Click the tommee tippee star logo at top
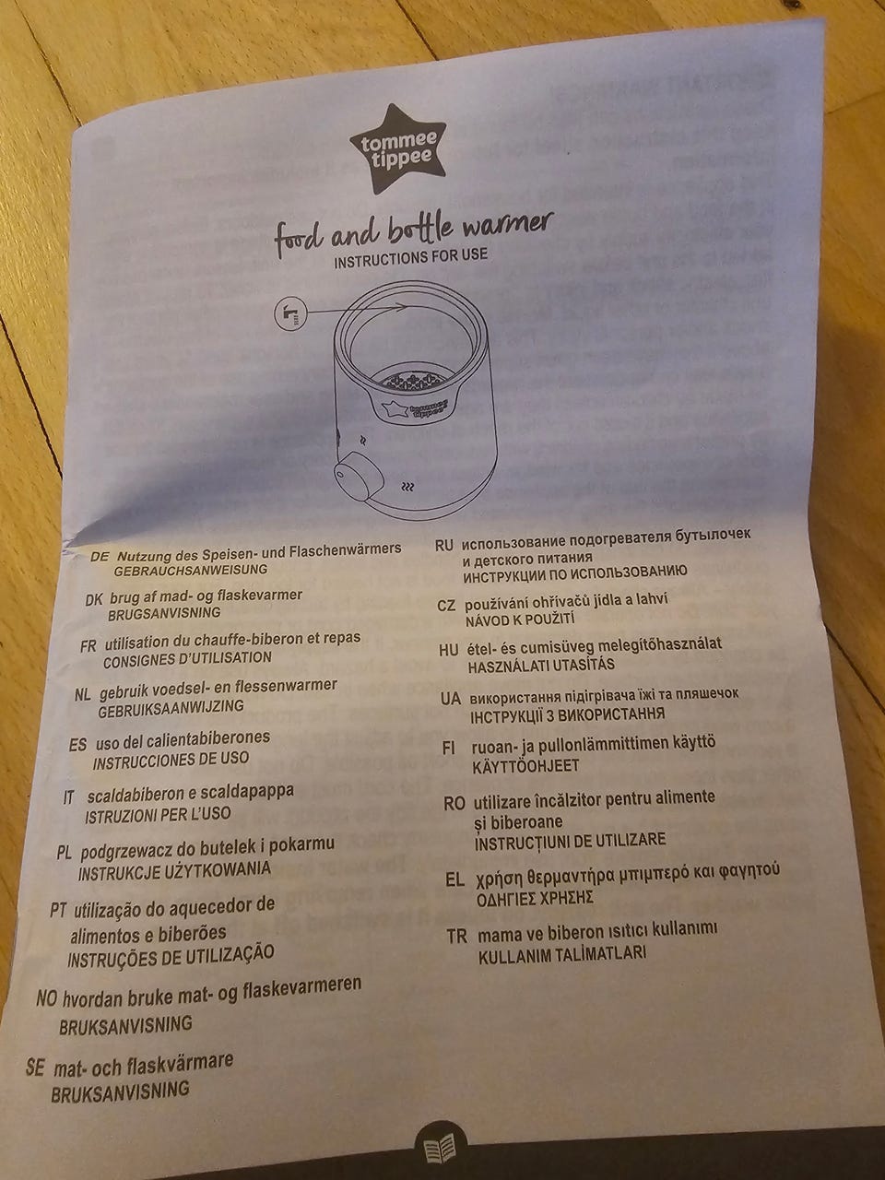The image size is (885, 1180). point(397,148)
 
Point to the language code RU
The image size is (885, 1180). point(443,545)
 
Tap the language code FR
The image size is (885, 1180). point(88,645)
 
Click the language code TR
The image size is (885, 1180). point(456,937)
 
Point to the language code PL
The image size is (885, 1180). point(64,853)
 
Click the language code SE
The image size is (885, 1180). point(35,1068)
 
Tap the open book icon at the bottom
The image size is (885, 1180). point(440,1149)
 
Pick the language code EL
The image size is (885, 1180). point(454,879)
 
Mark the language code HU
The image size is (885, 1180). point(449,650)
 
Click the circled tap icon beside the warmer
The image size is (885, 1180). point(290,315)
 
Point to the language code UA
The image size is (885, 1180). point(451,699)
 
